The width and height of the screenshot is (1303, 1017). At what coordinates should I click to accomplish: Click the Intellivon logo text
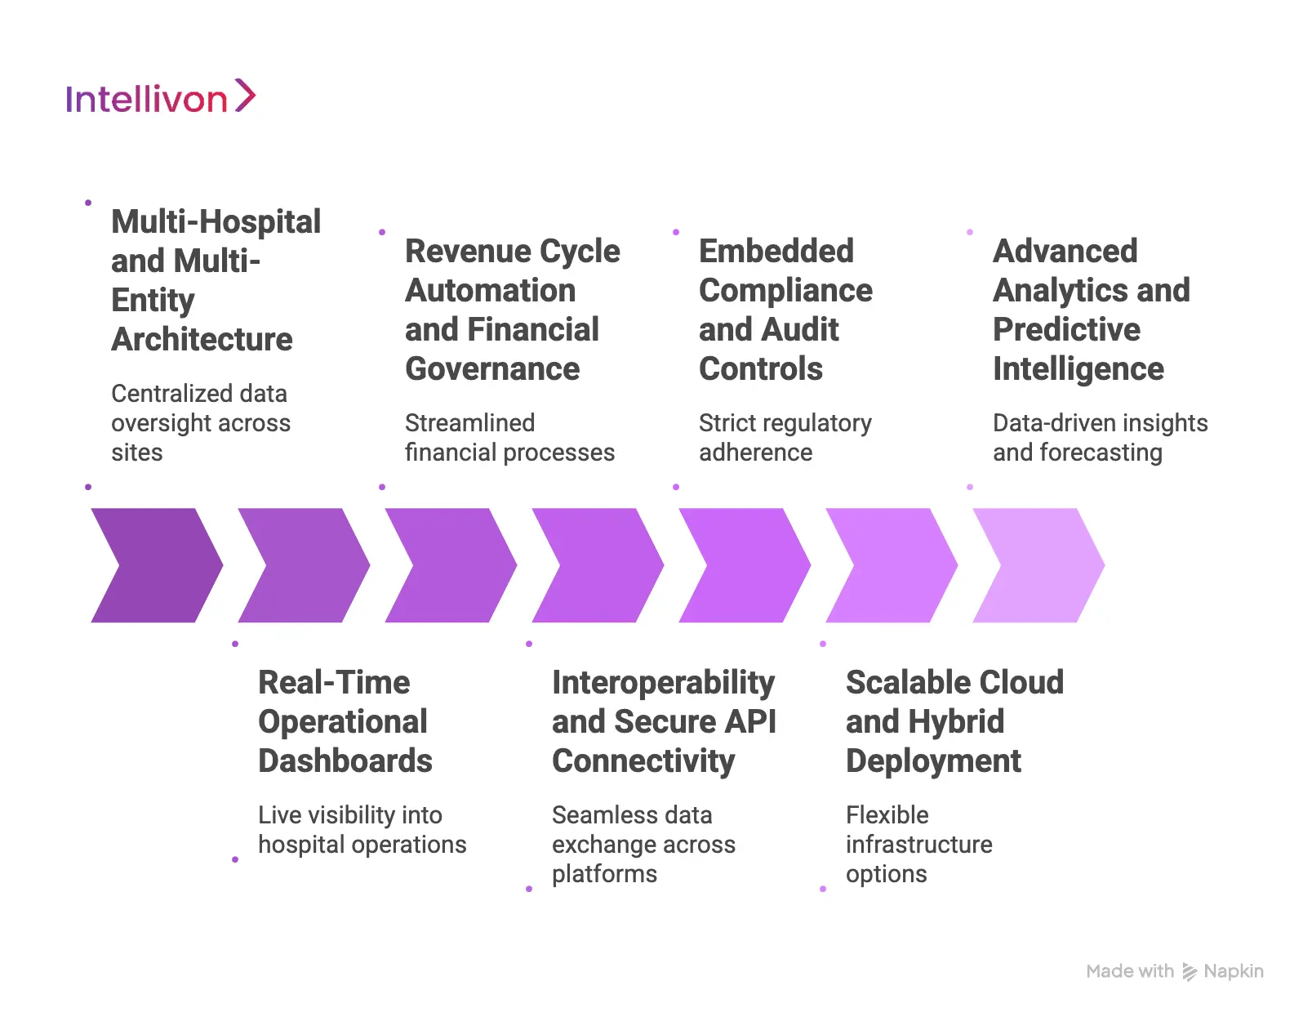pyautogui.click(x=146, y=100)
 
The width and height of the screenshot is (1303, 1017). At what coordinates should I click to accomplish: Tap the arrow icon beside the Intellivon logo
pyautogui.click(x=245, y=96)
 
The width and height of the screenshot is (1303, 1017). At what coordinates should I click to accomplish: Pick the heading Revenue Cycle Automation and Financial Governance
pyautogui.click(x=512, y=310)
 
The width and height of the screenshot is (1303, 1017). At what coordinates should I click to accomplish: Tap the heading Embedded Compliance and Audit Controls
pyautogui.click(x=785, y=310)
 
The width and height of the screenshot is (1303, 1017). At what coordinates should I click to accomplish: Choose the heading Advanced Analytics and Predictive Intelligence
pyautogui.click(x=1091, y=310)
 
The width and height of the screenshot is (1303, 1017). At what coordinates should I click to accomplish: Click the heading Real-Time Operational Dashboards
pyautogui.click(x=345, y=721)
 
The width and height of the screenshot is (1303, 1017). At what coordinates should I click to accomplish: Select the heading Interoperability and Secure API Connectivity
pyautogui.click(x=663, y=721)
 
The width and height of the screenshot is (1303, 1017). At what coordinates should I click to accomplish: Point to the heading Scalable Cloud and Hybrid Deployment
pyautogui.click(x=954, y=721)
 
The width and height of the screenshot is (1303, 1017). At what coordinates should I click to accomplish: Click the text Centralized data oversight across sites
pyautogui.click(x=200, y=423)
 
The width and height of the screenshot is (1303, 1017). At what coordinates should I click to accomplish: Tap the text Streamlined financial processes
pyautogui.click(x=509, y=438)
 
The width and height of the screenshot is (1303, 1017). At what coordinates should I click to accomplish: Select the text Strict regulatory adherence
pyautogui.click(x=785, y=438)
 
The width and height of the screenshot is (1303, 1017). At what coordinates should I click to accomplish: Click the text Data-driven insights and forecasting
pyautogui.click(x=1100, y=438)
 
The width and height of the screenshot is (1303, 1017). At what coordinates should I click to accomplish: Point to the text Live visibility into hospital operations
pyautogui.click(x=362, y=830)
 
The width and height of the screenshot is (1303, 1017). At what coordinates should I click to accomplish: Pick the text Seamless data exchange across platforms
pyautogui.click(x=643, y=845)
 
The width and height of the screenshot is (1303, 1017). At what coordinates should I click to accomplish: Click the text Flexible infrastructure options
pyautogui.click(x=918, y=845)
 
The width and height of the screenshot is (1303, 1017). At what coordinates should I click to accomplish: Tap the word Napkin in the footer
pyautogui.click(x=1233, y=971)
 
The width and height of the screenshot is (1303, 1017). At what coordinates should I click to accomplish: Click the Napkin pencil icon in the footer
pyautogui.click(x=1190, y=972)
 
